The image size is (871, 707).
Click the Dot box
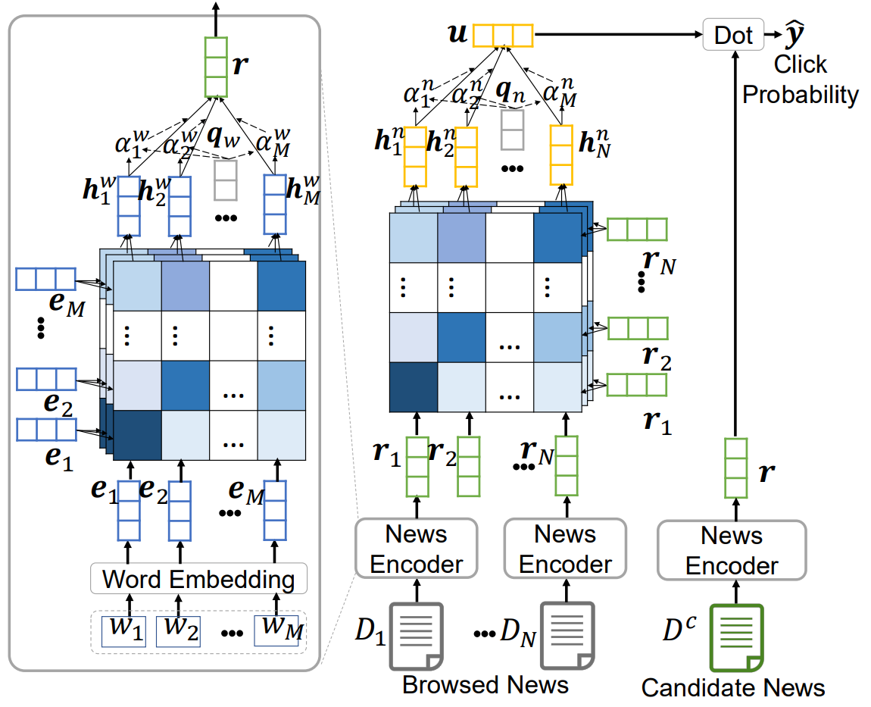pos(732,35)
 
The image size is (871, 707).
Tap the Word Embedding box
pos(198,580)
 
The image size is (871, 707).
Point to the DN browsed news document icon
pos(567,635)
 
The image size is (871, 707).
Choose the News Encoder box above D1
pos(415,549)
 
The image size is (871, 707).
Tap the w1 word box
pos(129,629)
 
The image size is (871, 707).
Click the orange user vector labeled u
pos(502,36)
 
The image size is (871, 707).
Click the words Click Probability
pos(801,80)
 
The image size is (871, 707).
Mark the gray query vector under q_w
pos(226,179)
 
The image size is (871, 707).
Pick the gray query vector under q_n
pos(512,129)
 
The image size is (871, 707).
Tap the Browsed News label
pos(485,685)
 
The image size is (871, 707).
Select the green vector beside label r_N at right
pos(637,229)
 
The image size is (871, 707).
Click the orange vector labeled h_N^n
pos(561,155)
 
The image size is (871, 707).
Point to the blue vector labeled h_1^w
pos(129,205)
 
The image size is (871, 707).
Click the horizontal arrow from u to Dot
pos(617,35)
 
